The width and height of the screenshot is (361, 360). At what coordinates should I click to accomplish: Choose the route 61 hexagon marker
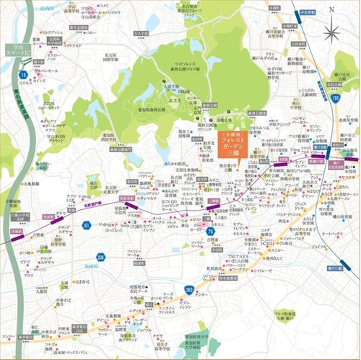[x=87, y=226]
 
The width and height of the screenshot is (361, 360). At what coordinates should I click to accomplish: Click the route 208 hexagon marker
[x=101, y=257]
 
